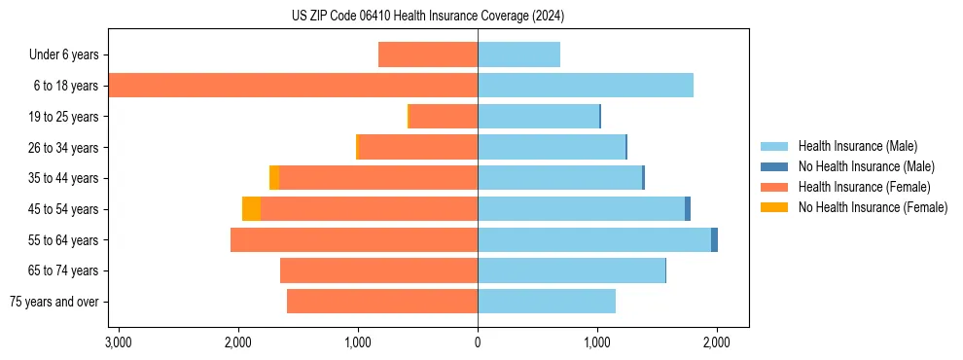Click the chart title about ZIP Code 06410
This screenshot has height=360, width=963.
[428, 17]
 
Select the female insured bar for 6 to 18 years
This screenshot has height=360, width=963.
[293, 86]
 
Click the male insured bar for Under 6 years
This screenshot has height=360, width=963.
[518, 54]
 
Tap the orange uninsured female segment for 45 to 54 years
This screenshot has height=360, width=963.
[251, 209]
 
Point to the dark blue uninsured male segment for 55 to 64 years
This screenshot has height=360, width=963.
[714, 240]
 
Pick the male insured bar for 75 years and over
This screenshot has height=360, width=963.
[546, 302]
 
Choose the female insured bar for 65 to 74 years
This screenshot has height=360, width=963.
[378, 270]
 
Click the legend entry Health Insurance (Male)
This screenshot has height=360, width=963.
[856, 146]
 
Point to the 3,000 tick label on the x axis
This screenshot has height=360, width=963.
[118, 343]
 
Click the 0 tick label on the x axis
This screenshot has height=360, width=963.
[478, 343]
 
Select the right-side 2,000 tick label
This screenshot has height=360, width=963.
[717, 343]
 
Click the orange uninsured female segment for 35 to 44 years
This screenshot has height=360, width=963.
[274, 178]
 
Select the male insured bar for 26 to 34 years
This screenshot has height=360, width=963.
[551, 147]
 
